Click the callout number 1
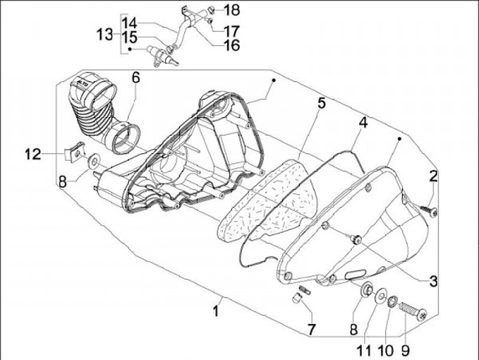[217, 310]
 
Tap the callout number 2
[433, 176]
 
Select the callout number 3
[433, 281]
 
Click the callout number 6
[135, 77]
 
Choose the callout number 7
[311, 329]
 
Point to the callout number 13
[104, 34]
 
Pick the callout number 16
[231, 45]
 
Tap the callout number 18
[230, 10]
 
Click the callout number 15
[129, 37]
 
